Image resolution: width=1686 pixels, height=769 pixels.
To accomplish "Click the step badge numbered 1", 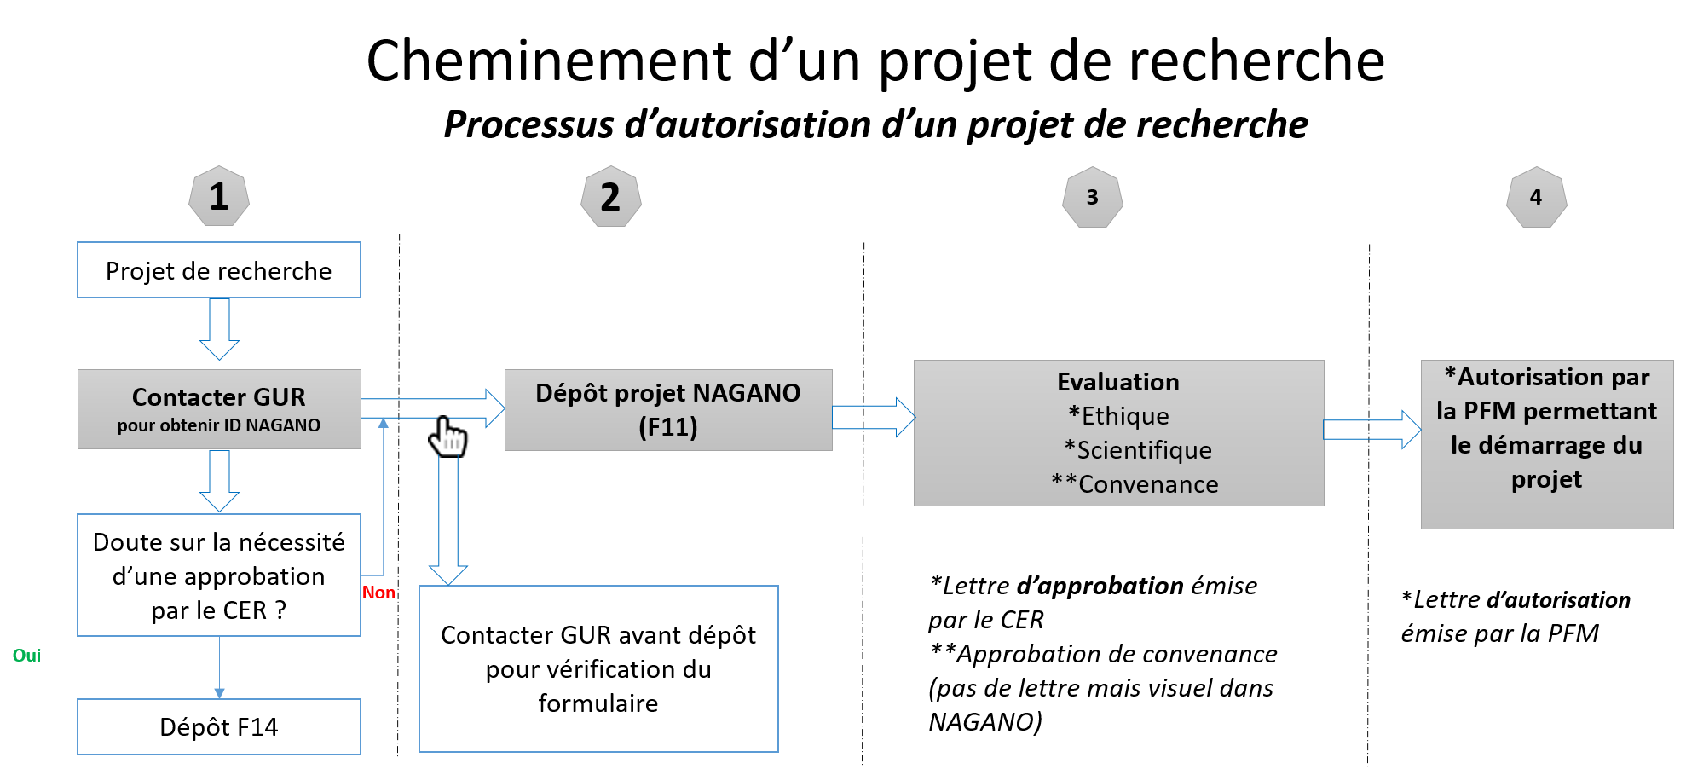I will click(x=219, y=196).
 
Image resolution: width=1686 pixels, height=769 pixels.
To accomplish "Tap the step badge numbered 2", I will click(x=610, y=197).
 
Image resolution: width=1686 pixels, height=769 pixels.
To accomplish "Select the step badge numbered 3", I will click(x=1092, y=197).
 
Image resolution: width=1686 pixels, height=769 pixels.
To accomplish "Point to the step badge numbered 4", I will click(x=1536, y=197).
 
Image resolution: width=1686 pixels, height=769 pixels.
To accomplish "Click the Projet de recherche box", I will click(x=219, y=270).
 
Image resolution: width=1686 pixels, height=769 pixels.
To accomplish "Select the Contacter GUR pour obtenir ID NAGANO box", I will click(x=219, y=409).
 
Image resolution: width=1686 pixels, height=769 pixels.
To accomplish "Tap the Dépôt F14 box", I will click(x=219, y=726).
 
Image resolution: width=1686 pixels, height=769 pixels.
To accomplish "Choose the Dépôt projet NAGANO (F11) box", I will click(x=668, y=409).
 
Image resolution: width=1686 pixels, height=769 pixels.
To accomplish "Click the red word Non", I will click(x=378, y=593).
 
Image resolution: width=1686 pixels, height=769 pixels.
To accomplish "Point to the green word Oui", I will click(x=26, y=655).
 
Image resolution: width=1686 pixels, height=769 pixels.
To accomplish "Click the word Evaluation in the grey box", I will click(x=1118, y=382).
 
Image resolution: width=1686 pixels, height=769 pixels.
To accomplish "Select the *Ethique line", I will click(x=1118, y=416).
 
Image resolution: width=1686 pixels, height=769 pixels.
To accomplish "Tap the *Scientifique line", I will click(x=1138, y=450).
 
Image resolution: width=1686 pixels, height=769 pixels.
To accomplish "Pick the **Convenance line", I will click(x=1135, y=484).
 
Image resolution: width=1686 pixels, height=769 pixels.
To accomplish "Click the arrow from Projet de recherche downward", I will click(x=219, y=329).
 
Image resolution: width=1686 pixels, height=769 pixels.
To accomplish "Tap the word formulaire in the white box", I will click(x=598, y=703).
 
